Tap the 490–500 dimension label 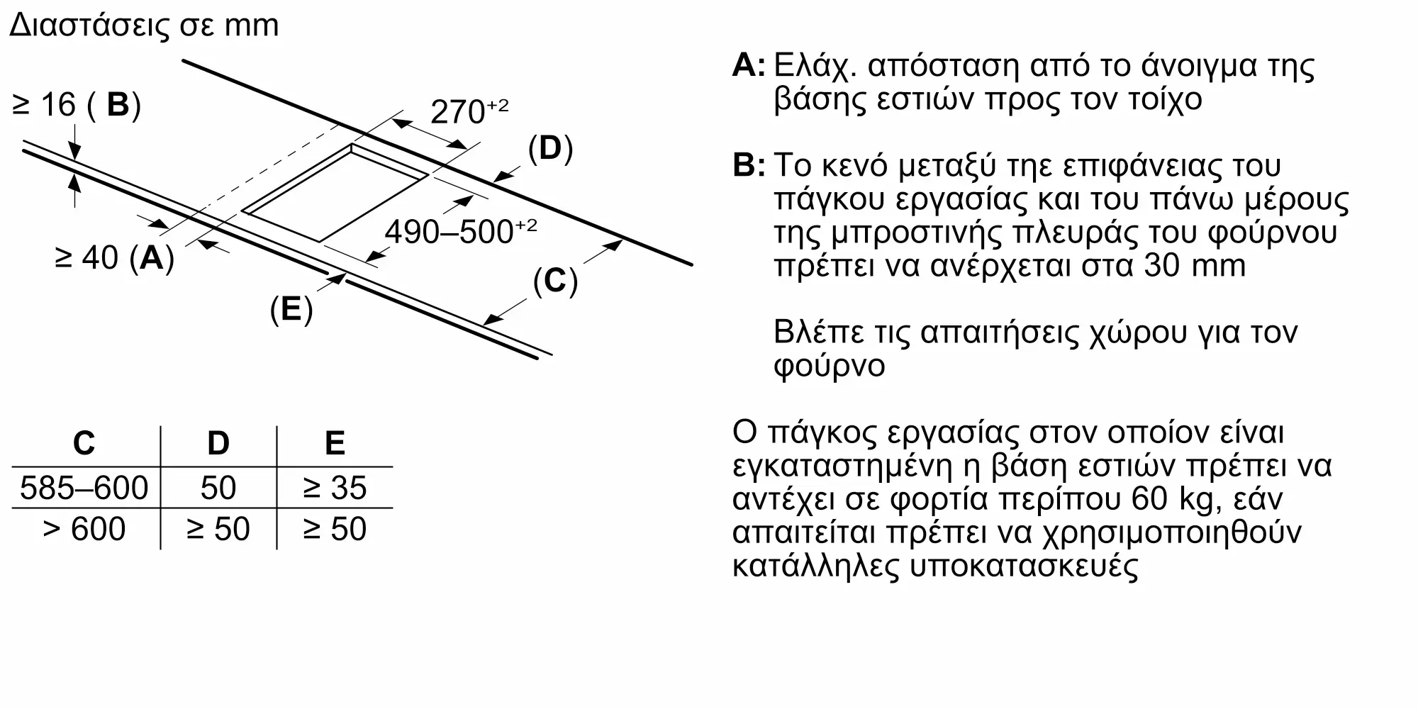(460, 232)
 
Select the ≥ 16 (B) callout (77, 105)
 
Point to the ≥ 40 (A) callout (114, 257)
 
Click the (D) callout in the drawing (550, 149)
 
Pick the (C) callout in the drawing (555, 281)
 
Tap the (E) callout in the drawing (291, 310)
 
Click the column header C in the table (84, 443)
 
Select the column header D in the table (218, 443)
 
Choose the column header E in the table (334, 443)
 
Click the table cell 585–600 (84, 488)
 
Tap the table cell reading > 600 (84, 529)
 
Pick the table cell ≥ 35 (334, 488)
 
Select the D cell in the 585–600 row (218, 488)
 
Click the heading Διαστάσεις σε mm (144, 26)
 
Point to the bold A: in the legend (748, 65)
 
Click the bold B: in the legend (748, 165)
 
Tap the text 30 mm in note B (1195, 266)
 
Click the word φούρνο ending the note (829, 366)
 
